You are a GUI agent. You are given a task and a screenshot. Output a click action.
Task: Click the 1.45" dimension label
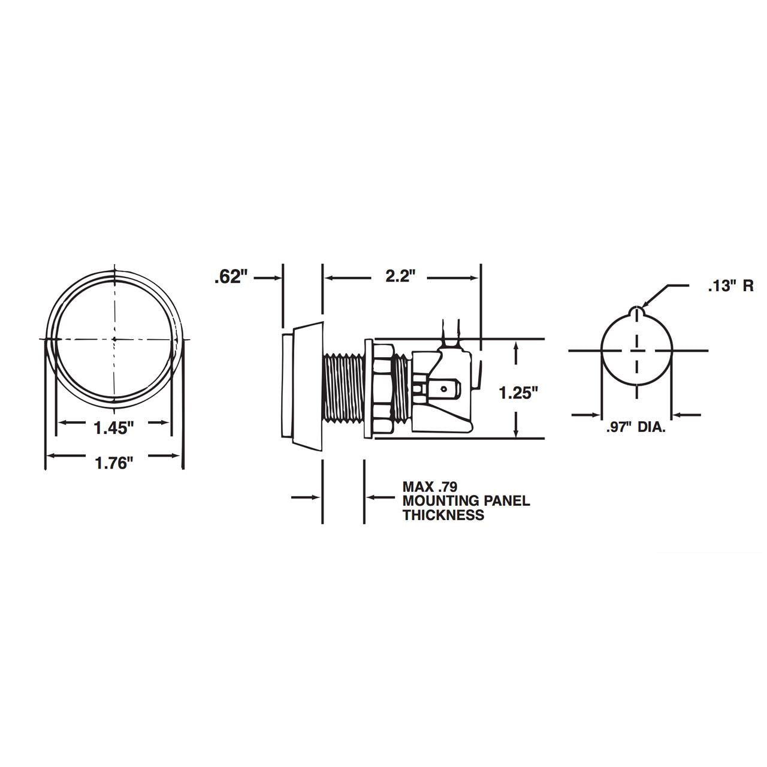click(x=113, y=428)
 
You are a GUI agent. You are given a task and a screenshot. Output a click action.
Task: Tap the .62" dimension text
click(x=231, y=277)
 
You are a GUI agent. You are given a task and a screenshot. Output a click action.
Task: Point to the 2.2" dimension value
click(x=401, y=277)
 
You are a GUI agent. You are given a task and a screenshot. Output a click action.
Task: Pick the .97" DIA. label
click(x=636, y=428)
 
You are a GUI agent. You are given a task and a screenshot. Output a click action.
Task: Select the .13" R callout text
click(x=730, y=286)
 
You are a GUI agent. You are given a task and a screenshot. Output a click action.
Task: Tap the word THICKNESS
click(x=443, y=515)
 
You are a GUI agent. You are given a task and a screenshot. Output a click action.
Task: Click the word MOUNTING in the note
click(x=437, y=501)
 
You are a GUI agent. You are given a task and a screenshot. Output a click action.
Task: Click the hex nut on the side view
click(x=382, y=389)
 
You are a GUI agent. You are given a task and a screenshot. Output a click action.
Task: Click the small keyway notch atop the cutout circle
click(x=636, y=310)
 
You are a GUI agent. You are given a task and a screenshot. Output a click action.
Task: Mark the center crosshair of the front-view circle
click(x=113, y=339)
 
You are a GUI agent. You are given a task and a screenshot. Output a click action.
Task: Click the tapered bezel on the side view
click(x=309, y=383)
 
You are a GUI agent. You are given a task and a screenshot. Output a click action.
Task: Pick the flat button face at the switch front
click(x=286, y=386)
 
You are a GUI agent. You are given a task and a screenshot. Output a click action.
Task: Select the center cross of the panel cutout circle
click(x=636, y=351)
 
